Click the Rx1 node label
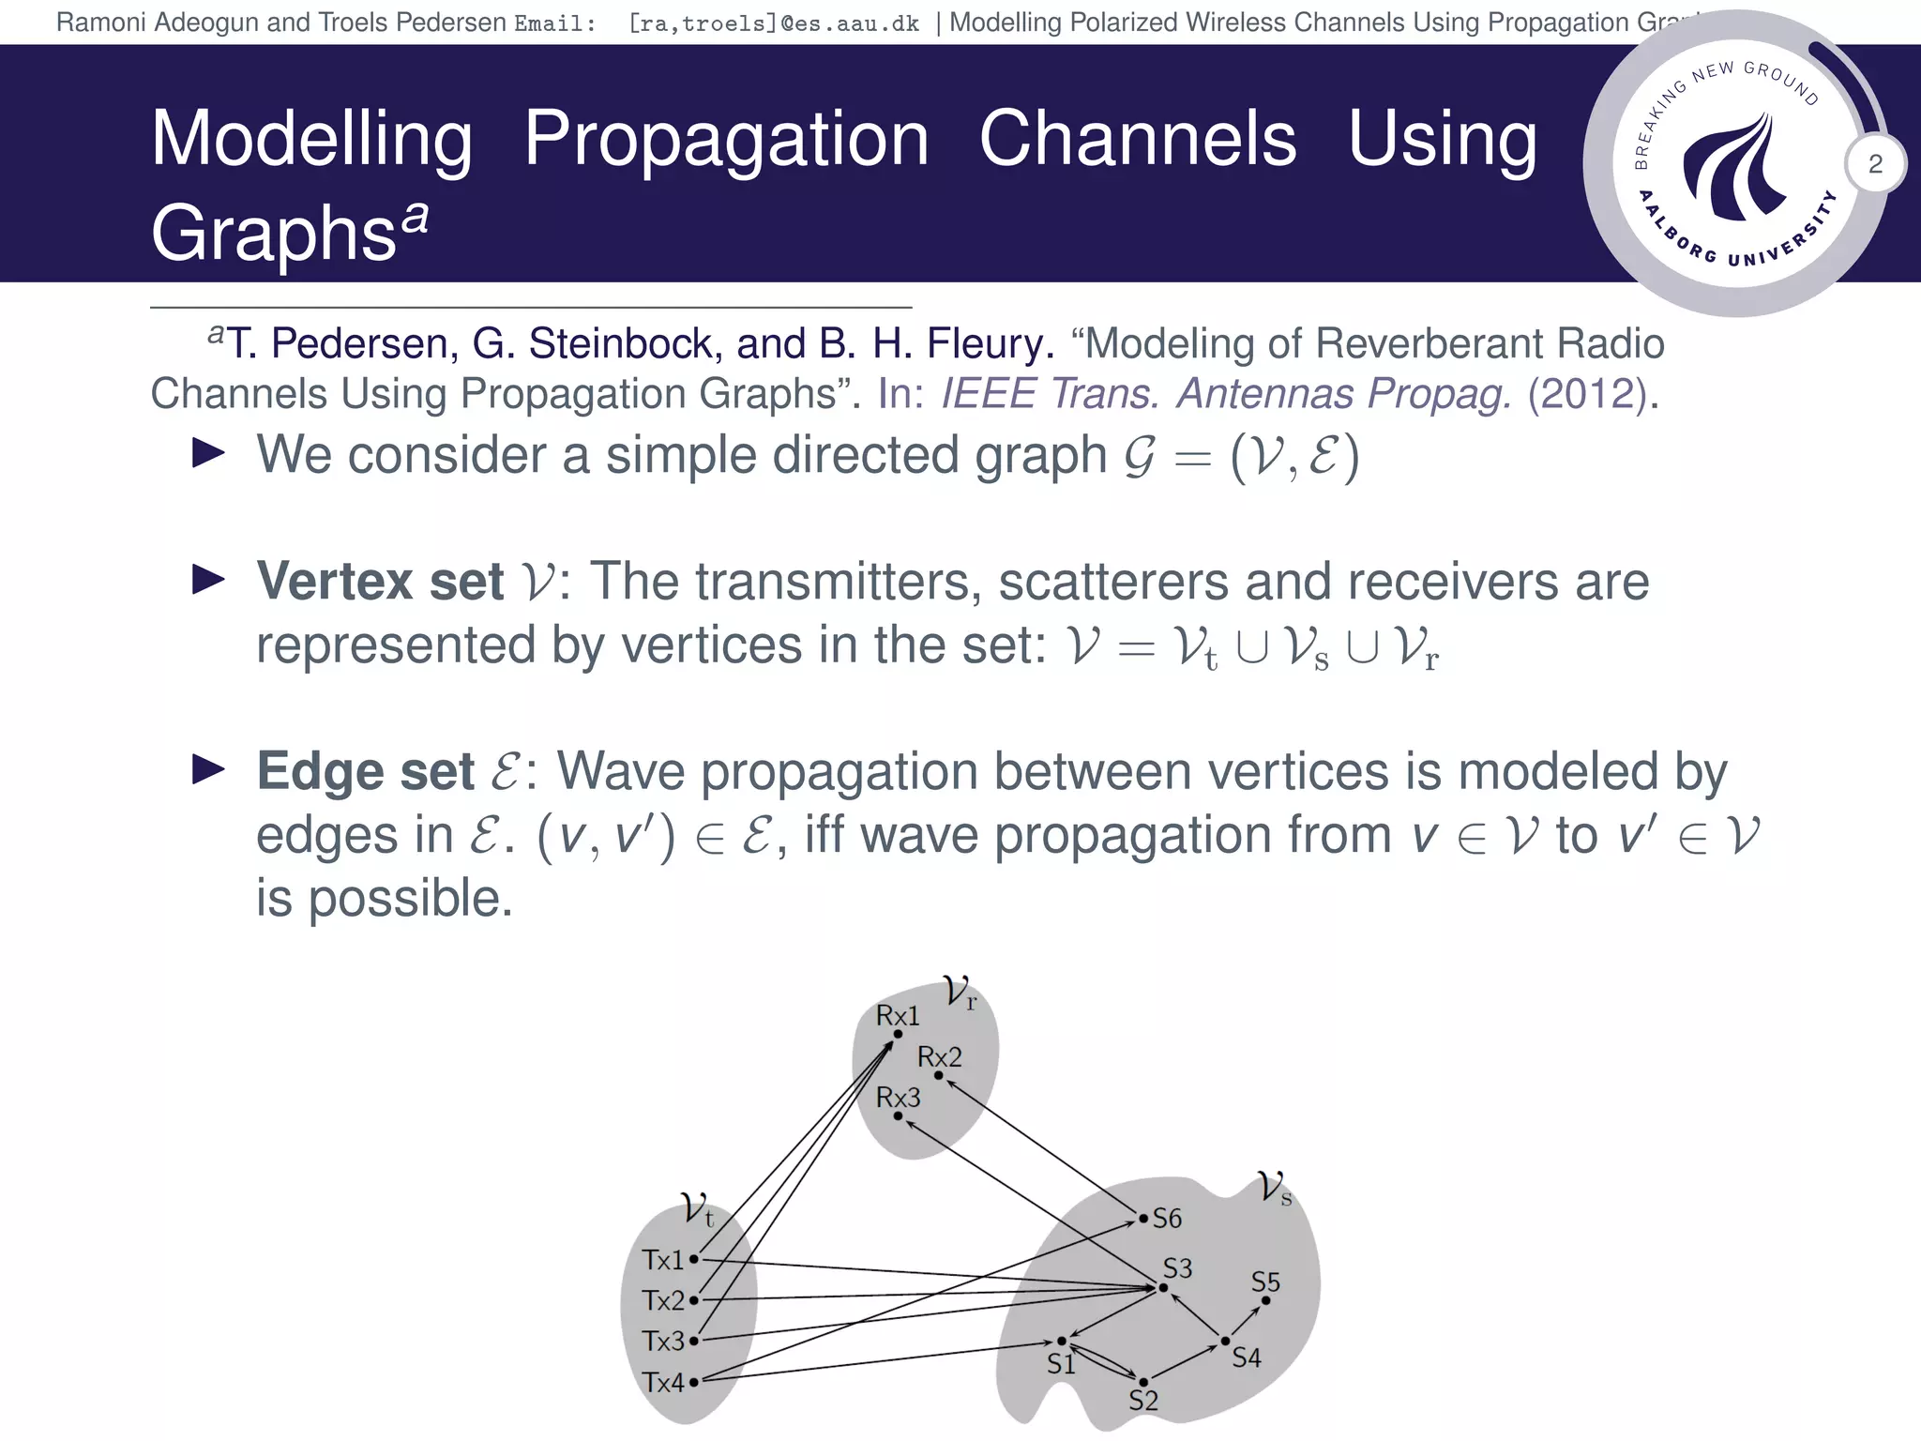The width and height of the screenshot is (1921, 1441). (x=897, y=1016)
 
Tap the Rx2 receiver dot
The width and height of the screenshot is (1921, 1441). (x=939, y=1075)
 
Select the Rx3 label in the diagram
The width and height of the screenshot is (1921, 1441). (x=897, y=1098)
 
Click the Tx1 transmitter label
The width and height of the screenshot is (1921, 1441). (x=663, y=1260)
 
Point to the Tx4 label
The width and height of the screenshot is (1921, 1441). (x=663, y=1383)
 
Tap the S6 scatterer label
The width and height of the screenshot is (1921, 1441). (x=1167, y=1219)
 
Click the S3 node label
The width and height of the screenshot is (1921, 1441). (x=1177, y=1268)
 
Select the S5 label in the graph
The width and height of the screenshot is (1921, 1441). (x=1265, y=1282)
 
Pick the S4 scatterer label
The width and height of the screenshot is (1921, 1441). (x=1246, y=1358)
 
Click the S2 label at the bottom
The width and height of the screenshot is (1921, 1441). (x=1143, y=1401)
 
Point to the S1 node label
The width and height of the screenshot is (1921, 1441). (x=1061, y=1364)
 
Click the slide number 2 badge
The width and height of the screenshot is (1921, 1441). (x=1875, y=164)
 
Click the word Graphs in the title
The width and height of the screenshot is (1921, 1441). (x=273, y=233)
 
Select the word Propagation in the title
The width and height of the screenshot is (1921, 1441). (x=726, y=139)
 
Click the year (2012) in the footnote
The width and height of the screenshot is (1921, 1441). (x=1587, y=394)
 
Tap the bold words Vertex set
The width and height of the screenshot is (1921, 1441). (x=380, y=582)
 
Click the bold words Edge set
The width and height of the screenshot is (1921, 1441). (x=365, y=772)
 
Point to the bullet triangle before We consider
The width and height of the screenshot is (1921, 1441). (x=208, y=454)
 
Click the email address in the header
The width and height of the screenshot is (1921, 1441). (x=774, y=23)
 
